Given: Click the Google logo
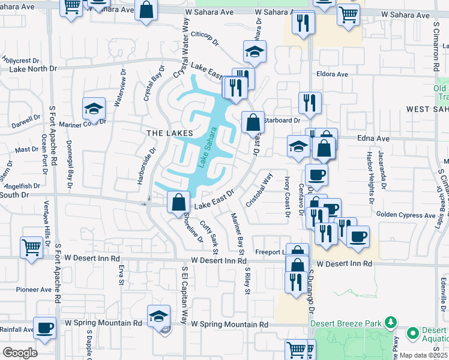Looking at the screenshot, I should click(20, 353).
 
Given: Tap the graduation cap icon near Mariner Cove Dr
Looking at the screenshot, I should click(94, 108).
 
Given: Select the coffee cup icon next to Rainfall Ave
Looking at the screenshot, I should click(44, 327).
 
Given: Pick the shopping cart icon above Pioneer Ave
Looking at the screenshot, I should click(31, 247).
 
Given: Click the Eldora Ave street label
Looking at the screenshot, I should click(334, 74).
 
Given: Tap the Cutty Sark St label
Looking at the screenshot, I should click(209, 236).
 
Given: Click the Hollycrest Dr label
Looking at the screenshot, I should click(20, 61).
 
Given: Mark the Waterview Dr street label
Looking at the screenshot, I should click(123, 88).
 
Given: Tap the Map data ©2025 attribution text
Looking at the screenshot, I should click(423, 355).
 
